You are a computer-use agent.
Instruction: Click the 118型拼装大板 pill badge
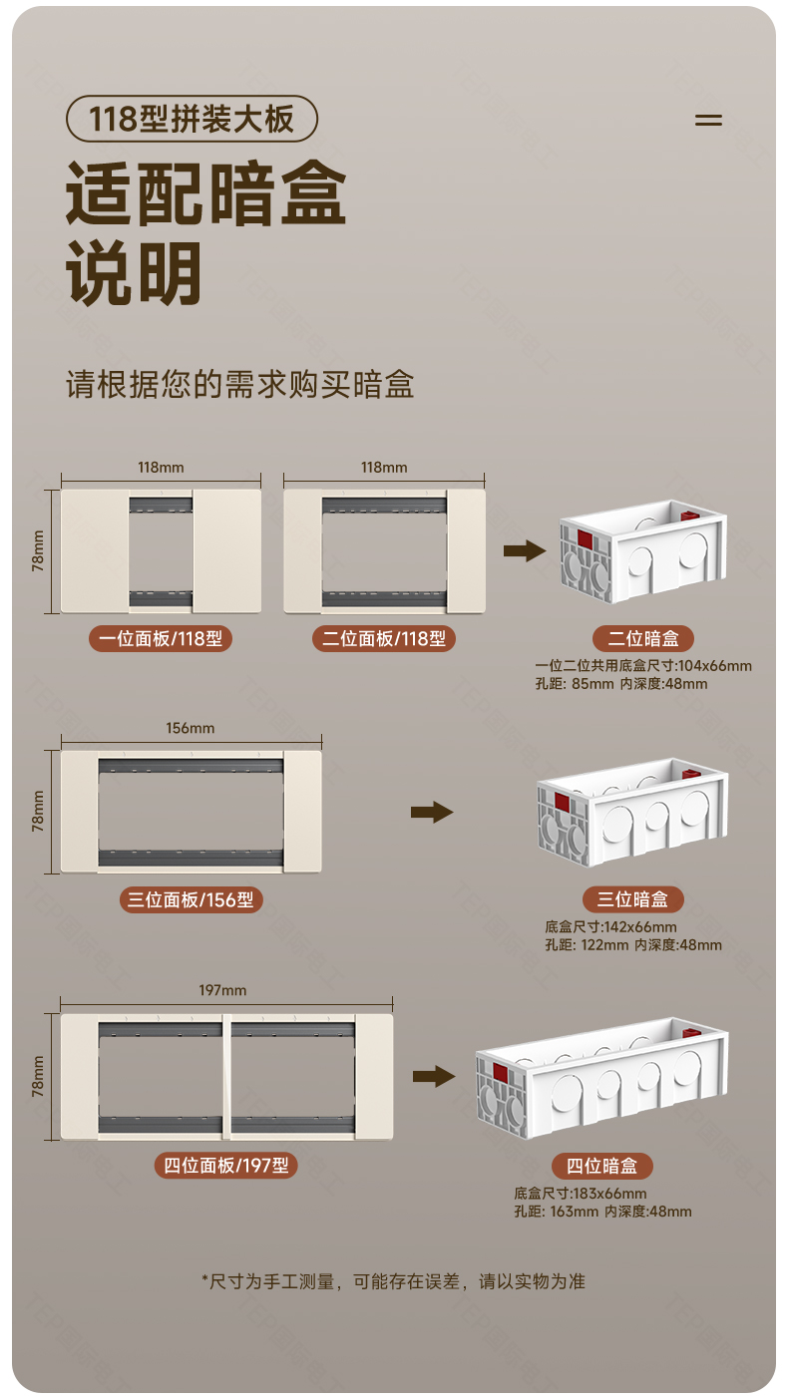(192, 120)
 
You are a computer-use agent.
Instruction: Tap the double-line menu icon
(708, 120)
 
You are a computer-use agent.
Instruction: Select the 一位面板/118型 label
(160, 638)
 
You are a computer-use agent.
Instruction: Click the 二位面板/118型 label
(384, 638)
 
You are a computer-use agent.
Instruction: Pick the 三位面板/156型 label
(191, 899)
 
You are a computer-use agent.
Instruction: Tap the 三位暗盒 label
(632, 899)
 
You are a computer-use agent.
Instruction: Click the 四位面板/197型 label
(225, 1165)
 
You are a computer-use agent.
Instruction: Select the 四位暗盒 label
(602, 1166)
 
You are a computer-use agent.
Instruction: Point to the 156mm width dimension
(190, 728)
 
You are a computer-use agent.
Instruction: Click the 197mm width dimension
(222, 990)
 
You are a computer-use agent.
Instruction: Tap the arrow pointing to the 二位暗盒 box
(524, 550)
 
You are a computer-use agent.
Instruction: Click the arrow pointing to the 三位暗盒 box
(432, 812)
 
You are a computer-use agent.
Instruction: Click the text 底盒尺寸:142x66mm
(610, 927)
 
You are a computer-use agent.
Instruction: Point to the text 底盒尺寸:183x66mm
(581, 1194)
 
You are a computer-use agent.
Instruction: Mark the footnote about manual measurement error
(393, 1281)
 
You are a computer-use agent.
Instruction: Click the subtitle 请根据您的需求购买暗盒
(239, 385)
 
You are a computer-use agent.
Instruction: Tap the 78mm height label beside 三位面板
(38, 811)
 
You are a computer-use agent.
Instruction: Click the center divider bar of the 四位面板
(226, 1076)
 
